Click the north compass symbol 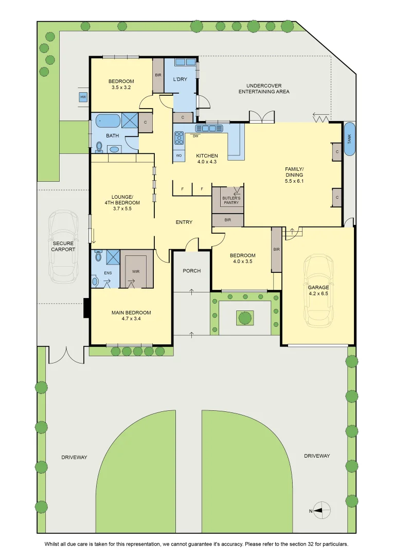[x=322, y=511]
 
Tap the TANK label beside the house [x=349, y=140]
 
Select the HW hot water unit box [x=83, y=97]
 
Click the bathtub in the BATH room [x=109, y=120]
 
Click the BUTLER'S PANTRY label [x=231, y=200]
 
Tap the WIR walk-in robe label [x=136, y=272]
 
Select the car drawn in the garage [x=318, y=290]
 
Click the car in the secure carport [x=63, y=247]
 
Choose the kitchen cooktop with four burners [x=179, y=137]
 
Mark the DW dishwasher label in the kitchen [x=195, y=136]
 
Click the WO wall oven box [x=178, y=155]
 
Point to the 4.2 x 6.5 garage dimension [x=318, y=293]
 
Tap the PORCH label [x=192, y=271]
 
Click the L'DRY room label [x=180, y=79]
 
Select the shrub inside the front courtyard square [x=245, y=317]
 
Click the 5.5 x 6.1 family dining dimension [x=294, y=181]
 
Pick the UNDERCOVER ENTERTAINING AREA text [x=264, y=89]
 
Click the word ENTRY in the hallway [x=184, y=222]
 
